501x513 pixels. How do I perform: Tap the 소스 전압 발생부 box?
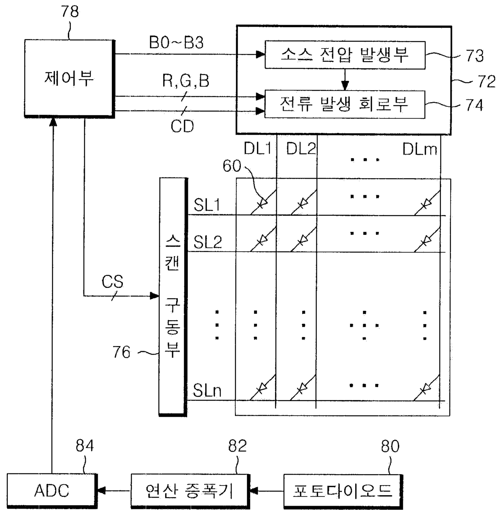(x=345, y=55)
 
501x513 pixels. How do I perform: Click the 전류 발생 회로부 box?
(x=345, y=104)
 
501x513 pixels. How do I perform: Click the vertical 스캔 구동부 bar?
(x=173, y=297)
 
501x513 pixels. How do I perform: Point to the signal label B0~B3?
(x=176, y=42)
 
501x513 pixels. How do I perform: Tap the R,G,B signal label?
(x=186, y=81)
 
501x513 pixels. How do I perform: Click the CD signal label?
(x=182, y=126)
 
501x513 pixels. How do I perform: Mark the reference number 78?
(x=70, y=12)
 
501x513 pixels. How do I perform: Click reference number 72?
(x=486, y=82)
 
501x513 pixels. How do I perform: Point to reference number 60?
(x=232, y=166)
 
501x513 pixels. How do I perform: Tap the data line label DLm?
(x=420, y=149)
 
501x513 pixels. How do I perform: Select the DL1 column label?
(x=258, y=149)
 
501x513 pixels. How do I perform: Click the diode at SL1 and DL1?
(x=263, y=203)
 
